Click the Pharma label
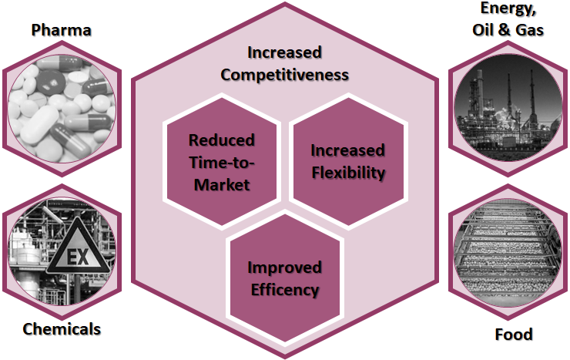(61, 31)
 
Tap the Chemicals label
(62, 329)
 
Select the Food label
(513, 335)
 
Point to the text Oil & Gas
(507, 31)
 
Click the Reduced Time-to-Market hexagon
(222, 163)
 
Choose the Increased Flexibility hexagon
(347, 161)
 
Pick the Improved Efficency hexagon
(283, 279)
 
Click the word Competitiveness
(284, 74)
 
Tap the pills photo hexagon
(62, 107)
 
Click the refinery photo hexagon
(508, 107)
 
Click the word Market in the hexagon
(222, 185)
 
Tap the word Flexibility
(348, 173)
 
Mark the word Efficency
(283, 291)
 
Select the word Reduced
(222, 140)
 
